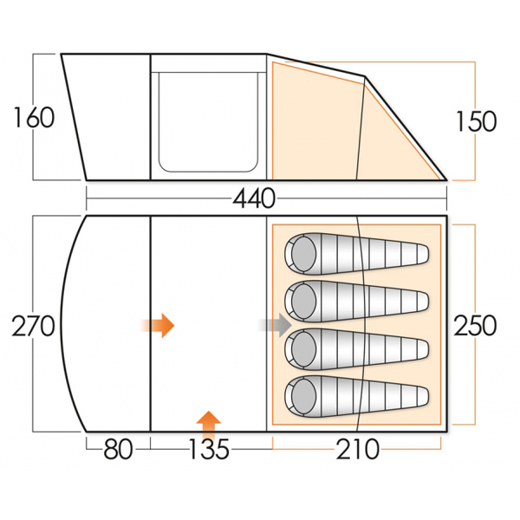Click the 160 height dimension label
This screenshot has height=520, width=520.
tap(34, 117)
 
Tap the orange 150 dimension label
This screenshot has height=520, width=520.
tap(476, 121)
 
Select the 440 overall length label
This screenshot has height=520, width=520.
tap(254, 198)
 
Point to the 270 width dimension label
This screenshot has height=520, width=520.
tap(33, 327)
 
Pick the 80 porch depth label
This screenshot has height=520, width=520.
tap(118, 449)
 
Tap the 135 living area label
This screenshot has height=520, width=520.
tap(209, 449)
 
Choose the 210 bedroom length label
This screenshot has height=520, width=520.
tap(357, 449)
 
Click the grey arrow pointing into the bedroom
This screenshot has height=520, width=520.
tap(275, 325)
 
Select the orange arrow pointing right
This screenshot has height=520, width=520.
tap(158, 325)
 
